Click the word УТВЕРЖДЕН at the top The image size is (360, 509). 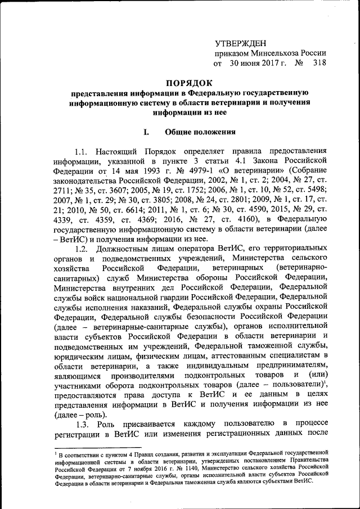tap(241, 43)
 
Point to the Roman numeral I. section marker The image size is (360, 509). tap(146, 133)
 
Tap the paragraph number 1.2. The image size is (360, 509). tap(82, 248)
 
